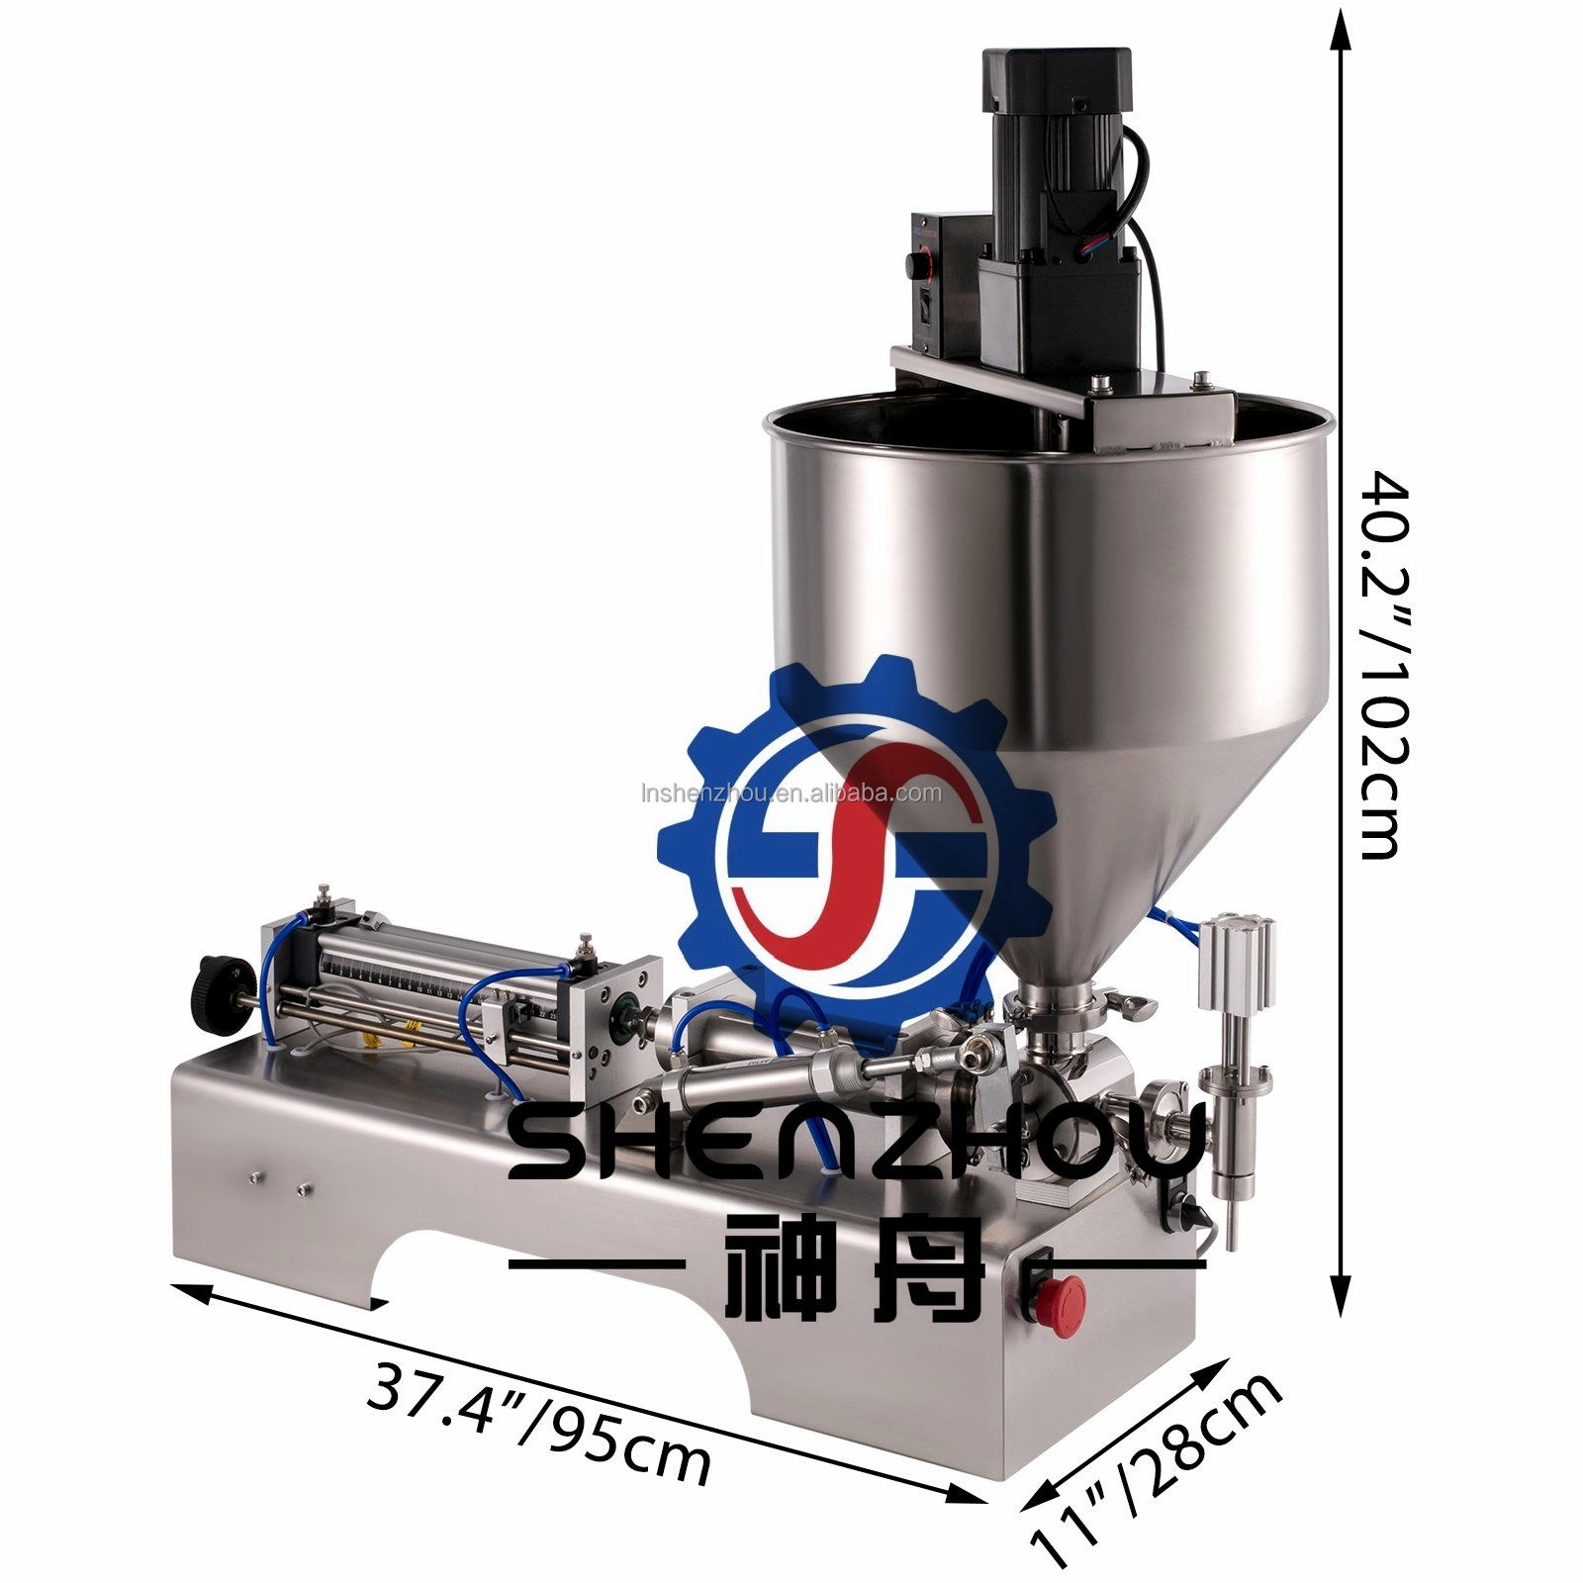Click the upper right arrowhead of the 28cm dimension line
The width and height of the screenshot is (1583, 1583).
click(1219, 1371)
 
